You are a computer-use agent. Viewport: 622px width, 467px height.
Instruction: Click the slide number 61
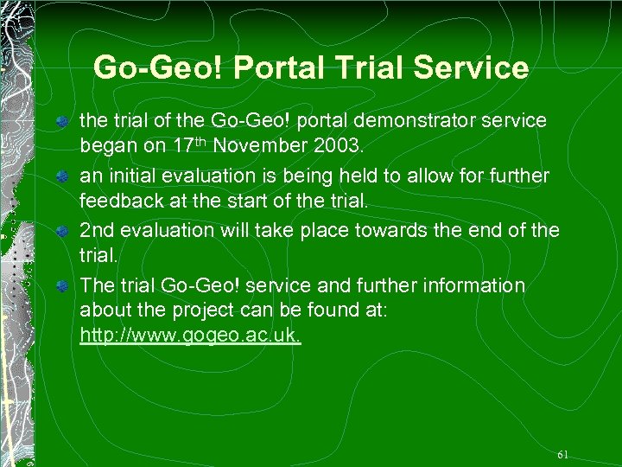click(x=563, y=454)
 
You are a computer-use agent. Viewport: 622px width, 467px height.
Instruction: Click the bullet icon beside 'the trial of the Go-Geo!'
click(x=63, y=121)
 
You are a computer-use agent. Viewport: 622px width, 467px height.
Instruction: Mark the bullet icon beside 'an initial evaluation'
click(x=63, y=176)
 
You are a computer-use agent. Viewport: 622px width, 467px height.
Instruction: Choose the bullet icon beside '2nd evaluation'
click(x=63, y=232)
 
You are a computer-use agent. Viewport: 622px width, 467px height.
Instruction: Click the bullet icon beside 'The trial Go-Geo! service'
click(x=63, y=286)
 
